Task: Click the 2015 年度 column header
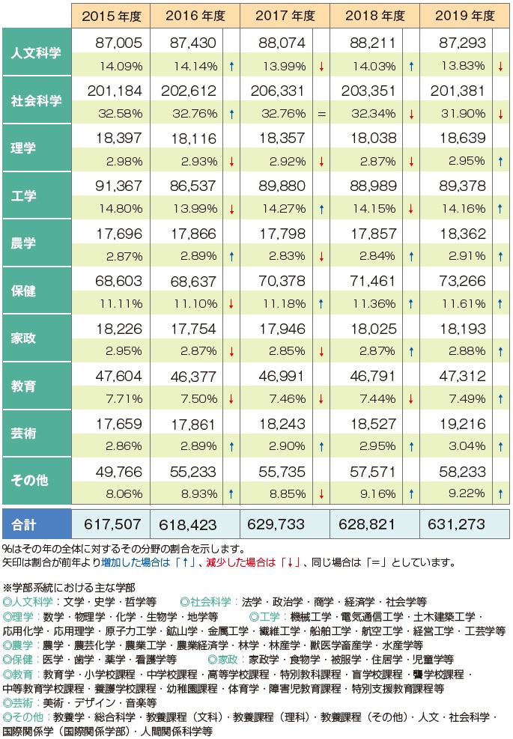click(x=110, y=15)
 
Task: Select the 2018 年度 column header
click(x=373, y=15)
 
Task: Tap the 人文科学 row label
click(x=37, y=52)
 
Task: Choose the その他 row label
click(x=37, y=480)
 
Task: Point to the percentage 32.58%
click(x=118, y=114)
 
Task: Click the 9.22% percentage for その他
click(x=463, y=494)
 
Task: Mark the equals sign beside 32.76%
click(x=321, y=115)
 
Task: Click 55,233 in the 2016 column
click(x=185, y=472)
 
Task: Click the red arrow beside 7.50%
click(x=231, y=399)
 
